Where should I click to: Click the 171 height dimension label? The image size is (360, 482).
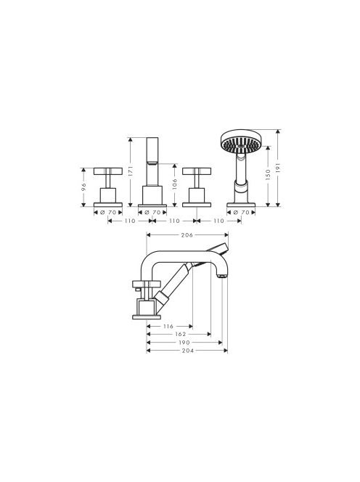pyautogui.click(x=130, y=171)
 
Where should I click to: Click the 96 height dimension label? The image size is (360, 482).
pyautogui.click(x=83, y=187)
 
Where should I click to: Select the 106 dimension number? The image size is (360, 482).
pyautogui.click(x=175, y=184)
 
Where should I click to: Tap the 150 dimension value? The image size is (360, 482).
pyautogui.click(x=268, y=174)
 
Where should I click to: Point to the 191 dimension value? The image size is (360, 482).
pyautogui.click(x=278, y=168)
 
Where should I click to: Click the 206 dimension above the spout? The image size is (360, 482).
pyautogui.click(x=187, y=235)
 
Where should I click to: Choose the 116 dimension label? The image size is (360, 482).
pyautogui.click(x=168, y=327)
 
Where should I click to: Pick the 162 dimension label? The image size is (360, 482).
pyautogui.click(x=180, y=334)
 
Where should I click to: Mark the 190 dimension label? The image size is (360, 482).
pyautogui.click(x=184, y=343)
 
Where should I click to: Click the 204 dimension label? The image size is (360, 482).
pyautogui.click(x=187, y=351)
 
